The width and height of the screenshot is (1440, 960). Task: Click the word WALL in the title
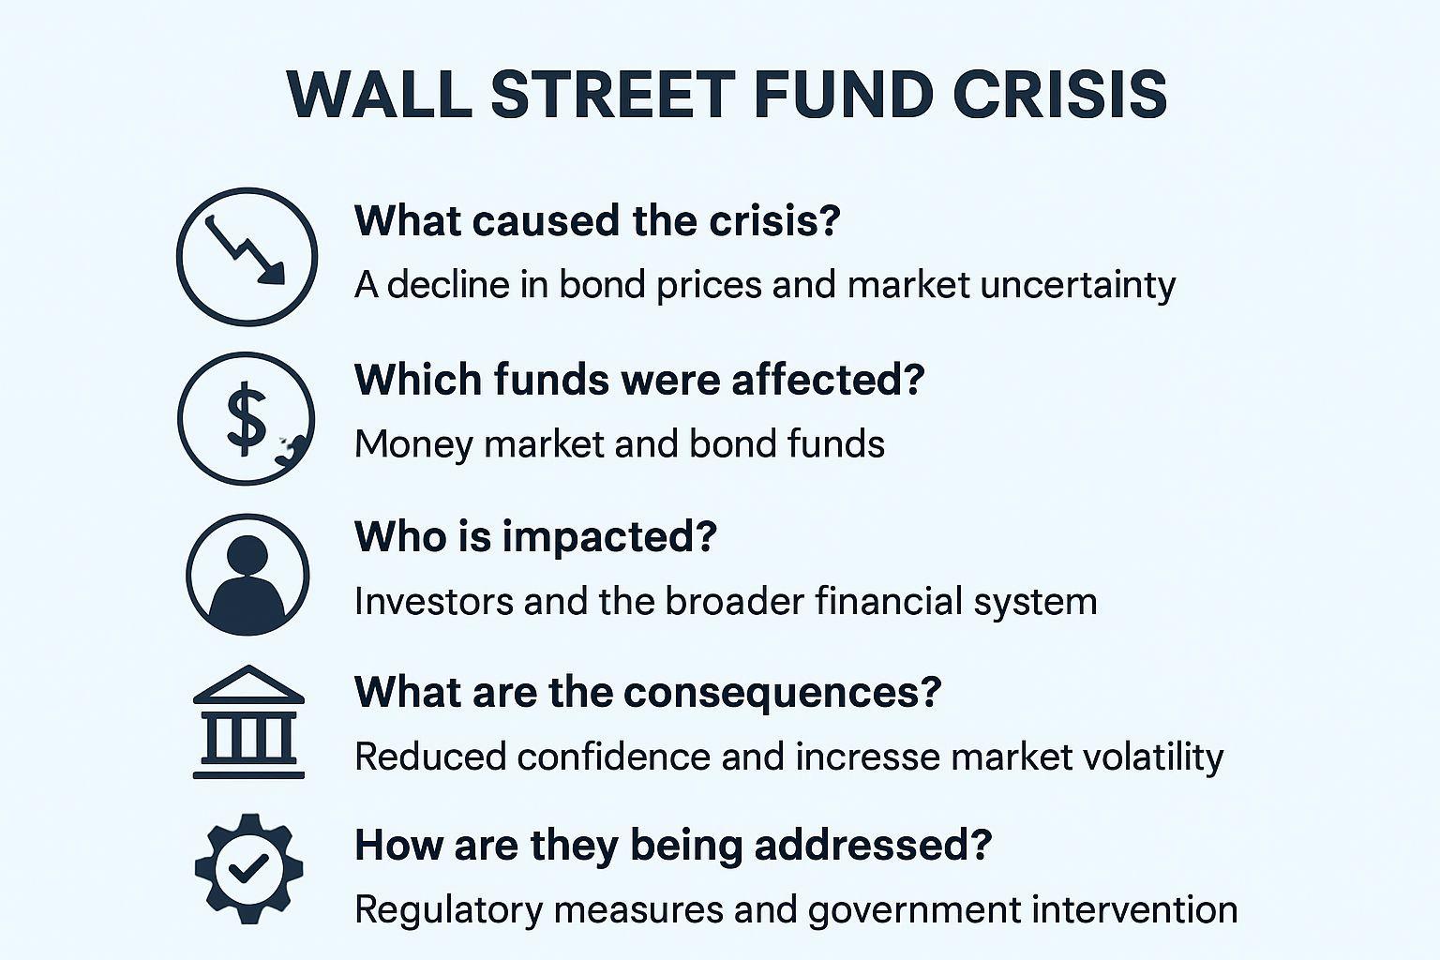tap(380, 95)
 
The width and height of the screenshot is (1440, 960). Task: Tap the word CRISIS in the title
tap(1060, 95)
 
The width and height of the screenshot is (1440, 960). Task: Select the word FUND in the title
tap(844, 95)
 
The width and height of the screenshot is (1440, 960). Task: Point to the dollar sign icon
tap(247, 418)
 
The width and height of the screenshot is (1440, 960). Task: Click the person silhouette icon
tap(247, 575)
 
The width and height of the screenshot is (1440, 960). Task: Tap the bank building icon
tap(248, 722)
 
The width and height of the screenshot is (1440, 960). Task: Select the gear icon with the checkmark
tap(248, 869)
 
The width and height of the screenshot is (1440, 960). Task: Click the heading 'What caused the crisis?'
tap(597, 220)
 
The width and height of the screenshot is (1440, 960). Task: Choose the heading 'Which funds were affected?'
tap(639, 380)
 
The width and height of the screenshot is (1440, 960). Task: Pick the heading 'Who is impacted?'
tap(535, 537)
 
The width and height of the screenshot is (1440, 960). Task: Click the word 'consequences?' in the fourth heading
tap(783, 693)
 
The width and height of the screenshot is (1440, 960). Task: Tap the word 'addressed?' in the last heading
tap(873, 845)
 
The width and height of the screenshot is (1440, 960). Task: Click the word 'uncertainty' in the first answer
tap(1078, 285)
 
